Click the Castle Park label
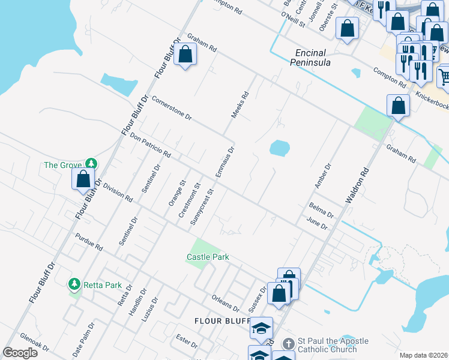[208, 257]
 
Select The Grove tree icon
[91, 164]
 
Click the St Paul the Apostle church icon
[288, 344]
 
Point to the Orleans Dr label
[226, 302]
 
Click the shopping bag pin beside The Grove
[83, 178]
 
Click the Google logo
[20, 353]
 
